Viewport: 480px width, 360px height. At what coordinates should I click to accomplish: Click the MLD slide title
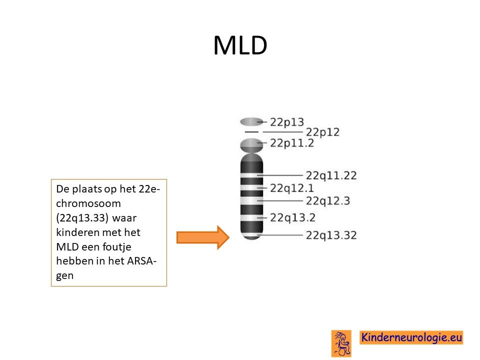(240, 45)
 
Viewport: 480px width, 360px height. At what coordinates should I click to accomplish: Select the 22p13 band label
(287, 122)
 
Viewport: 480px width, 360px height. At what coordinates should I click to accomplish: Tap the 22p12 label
(322, 132)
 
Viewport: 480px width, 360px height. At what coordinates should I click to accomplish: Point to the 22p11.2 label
(291, 143)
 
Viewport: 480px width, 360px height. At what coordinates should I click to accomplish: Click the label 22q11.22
(331, 175)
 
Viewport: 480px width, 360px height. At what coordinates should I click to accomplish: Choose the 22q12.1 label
(291, 188)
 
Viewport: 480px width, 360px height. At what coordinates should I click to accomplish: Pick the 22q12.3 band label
(328, 201)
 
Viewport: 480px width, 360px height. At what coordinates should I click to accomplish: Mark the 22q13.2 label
(292, 217)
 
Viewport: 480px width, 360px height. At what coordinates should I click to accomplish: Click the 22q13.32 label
(331, 235)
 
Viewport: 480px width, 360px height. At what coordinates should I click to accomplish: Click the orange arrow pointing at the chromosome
(203, 237)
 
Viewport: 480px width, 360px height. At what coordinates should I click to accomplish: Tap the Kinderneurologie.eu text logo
(411, 337)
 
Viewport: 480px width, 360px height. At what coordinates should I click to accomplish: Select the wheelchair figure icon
(341, 343)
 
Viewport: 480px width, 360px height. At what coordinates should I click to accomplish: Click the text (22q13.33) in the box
(82, 218)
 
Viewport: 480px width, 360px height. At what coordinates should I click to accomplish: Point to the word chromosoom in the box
(88, 203)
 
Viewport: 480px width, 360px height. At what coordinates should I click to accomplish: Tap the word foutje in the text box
(116, 246)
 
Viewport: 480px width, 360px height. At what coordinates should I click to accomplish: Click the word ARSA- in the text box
(141, 261)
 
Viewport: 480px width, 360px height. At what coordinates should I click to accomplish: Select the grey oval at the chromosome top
(251, 122)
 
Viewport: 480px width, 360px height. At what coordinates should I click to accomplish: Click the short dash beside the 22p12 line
(251, 132)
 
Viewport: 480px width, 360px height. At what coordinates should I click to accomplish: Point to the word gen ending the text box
(64, 276)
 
